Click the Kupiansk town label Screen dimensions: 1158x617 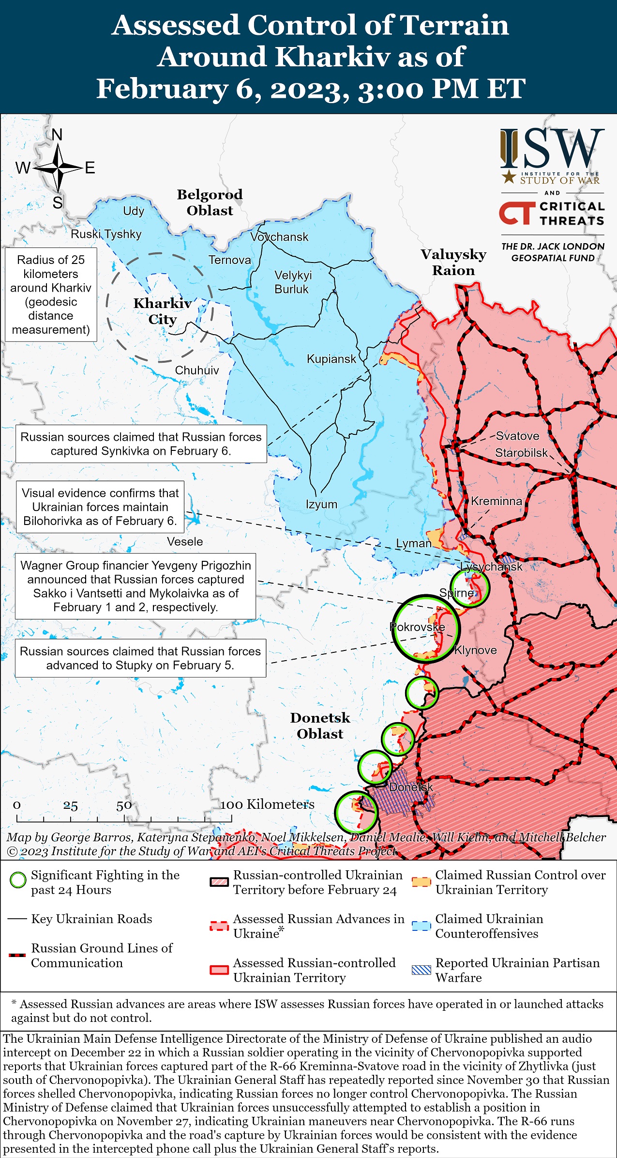[x=331, y=359]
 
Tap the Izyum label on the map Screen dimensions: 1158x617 [x=321, y=504]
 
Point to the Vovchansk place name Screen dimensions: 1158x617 [x=279, y=237]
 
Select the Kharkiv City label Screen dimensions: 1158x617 [x=163, y=311]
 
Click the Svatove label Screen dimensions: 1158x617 [x=517, y=436]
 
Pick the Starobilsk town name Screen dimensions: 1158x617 [x=521, y=453]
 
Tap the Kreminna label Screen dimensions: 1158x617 [x=497, y=501]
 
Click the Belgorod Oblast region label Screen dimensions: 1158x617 [x=210, y=202]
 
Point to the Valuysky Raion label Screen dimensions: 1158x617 [x=453, y=262]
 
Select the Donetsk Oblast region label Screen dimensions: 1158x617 [x=320, y=726]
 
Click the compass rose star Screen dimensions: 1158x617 [x=58, y=168]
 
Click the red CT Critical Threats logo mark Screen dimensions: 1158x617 [x=517, y=214]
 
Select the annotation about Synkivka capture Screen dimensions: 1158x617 [x=141, y=444]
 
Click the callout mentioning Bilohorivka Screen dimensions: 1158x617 [x=100, y=507]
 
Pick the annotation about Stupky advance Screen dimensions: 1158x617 [x=140, y=658]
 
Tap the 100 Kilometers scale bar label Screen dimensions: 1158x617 [x=267, y=804]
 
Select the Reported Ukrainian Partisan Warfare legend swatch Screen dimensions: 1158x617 [x=421, y=970]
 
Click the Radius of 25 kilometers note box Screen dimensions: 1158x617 [x=51, y=294]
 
